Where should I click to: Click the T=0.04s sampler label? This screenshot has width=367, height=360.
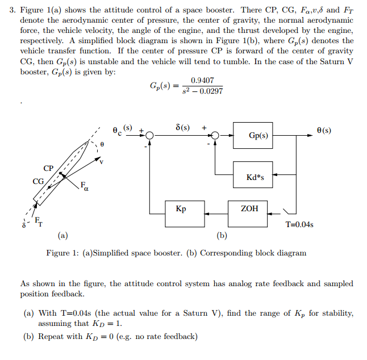[x=299, y=224]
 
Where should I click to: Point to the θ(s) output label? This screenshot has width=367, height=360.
[x=324, y=131]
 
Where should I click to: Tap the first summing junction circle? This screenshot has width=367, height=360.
[x=149, y=136]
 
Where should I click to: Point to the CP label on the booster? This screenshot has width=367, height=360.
[x=48, y=168]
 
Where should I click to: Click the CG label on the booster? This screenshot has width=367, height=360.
[x=38, y=181]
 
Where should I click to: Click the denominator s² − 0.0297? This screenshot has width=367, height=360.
[x=202, y=91]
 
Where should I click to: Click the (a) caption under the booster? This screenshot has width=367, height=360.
[x=62, y=235]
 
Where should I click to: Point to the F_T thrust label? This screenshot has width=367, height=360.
[x=38, y=220]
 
